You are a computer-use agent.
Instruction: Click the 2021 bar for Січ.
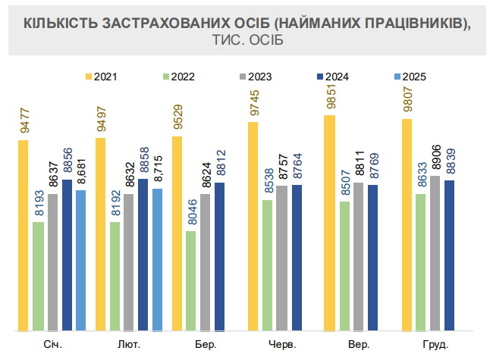(x=24, y=236)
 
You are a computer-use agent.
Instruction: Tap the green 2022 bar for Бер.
(x=190, y=280)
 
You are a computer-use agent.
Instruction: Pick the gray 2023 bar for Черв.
(x=282, y=258)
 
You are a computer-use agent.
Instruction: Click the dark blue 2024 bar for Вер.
(x=373, y=258)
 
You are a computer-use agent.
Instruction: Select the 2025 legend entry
(x=408, y=76)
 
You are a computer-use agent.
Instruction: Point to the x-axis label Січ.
(x=52, y=345)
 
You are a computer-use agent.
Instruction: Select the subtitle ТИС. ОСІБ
(x=246, y=40)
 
